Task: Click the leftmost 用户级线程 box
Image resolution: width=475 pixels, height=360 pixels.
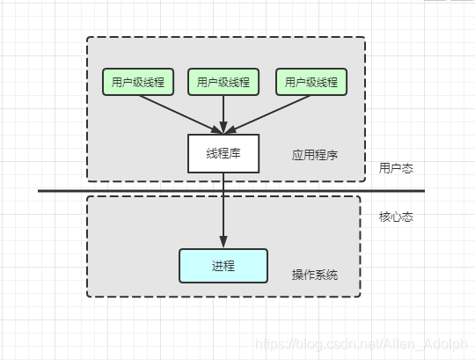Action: [x=137, y=82]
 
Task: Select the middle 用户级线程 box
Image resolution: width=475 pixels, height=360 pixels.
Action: [x=223, y=82]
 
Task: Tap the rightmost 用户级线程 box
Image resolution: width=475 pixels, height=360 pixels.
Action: [x=311, y=82]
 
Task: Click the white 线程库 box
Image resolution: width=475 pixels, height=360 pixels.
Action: [x=223, y=153]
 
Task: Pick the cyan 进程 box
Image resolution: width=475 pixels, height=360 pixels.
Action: [x=223, y=266]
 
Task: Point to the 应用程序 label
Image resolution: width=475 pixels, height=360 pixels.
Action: [x=315, y=155]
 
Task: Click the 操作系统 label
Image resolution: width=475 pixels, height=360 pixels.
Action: [x=315, y=276]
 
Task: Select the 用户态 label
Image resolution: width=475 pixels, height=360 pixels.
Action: [x=396, y=167]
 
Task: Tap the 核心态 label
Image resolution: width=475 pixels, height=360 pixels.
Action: [x=396, y=216]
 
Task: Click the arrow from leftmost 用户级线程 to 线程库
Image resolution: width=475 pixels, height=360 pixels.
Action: [x=176, y=111]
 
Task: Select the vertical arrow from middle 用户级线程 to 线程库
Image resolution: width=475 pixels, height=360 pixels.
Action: [x=223, y=113]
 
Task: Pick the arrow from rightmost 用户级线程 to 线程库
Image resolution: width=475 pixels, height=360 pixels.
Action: [x=271, y=111]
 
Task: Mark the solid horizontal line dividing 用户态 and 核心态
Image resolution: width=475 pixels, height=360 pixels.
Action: [x=106, y=190]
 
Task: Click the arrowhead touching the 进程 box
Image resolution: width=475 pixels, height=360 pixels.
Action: [x=223, y=244]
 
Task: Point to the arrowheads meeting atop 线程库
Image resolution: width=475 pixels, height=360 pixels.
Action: [x=223, y=129]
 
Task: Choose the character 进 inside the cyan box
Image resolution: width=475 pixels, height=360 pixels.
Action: [x=217, y=266]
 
